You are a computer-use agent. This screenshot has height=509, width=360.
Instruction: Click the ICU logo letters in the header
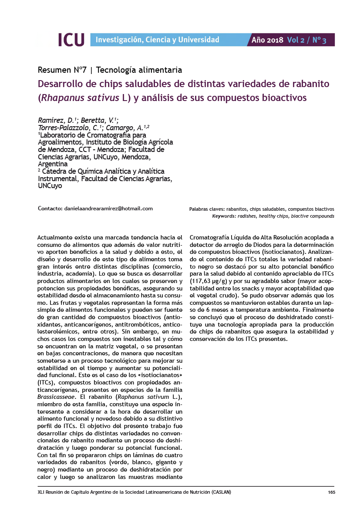click(71, 40)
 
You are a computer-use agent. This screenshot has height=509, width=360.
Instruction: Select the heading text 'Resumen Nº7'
click(63, 70)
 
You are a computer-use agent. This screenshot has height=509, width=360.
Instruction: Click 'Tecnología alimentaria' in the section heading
click(139, 70)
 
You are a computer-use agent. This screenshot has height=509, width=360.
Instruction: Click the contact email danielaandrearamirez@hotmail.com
click(108, 209)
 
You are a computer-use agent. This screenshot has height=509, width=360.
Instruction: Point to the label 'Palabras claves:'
click(206, 209)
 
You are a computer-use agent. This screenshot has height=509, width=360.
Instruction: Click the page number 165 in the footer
click(331, 492)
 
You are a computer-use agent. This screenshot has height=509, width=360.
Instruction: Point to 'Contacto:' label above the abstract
click(50, 209)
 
